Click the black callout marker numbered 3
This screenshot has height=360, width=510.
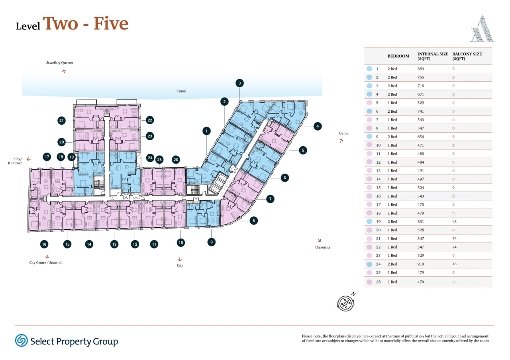click(x=239, y=83)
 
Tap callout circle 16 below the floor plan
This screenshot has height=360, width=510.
click(x=44, y=244)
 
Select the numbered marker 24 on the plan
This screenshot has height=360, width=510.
click(x=150, y=158)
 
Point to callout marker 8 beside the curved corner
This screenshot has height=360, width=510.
click(x=254, y=221)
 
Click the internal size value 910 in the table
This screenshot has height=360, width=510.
click(x=420, y=264)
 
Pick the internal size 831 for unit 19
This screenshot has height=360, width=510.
click(x=420, y=221)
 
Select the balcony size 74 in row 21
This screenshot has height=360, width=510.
click(x=454, y=239)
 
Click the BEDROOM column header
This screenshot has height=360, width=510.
click(x=398, y=56)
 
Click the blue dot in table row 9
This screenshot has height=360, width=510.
click(x=369, y=137)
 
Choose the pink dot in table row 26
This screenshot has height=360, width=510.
click(x=369, y=282)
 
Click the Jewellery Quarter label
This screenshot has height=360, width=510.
click(x=60, y=63)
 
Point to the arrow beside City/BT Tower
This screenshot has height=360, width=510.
click(x=28, y=159)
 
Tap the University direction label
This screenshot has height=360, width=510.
click(x=323, y=247)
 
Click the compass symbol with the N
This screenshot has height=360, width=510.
click(x=345, y=302)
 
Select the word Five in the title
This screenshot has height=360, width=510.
click(x=111, y=23)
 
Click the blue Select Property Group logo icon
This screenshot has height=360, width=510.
click(x=22, y=340)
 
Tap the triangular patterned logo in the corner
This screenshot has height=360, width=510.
click(x=482, y=29)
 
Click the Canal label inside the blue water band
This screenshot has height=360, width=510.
click(x=181, y=91)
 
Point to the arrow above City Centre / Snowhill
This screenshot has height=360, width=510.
click(x=47, y=257)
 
